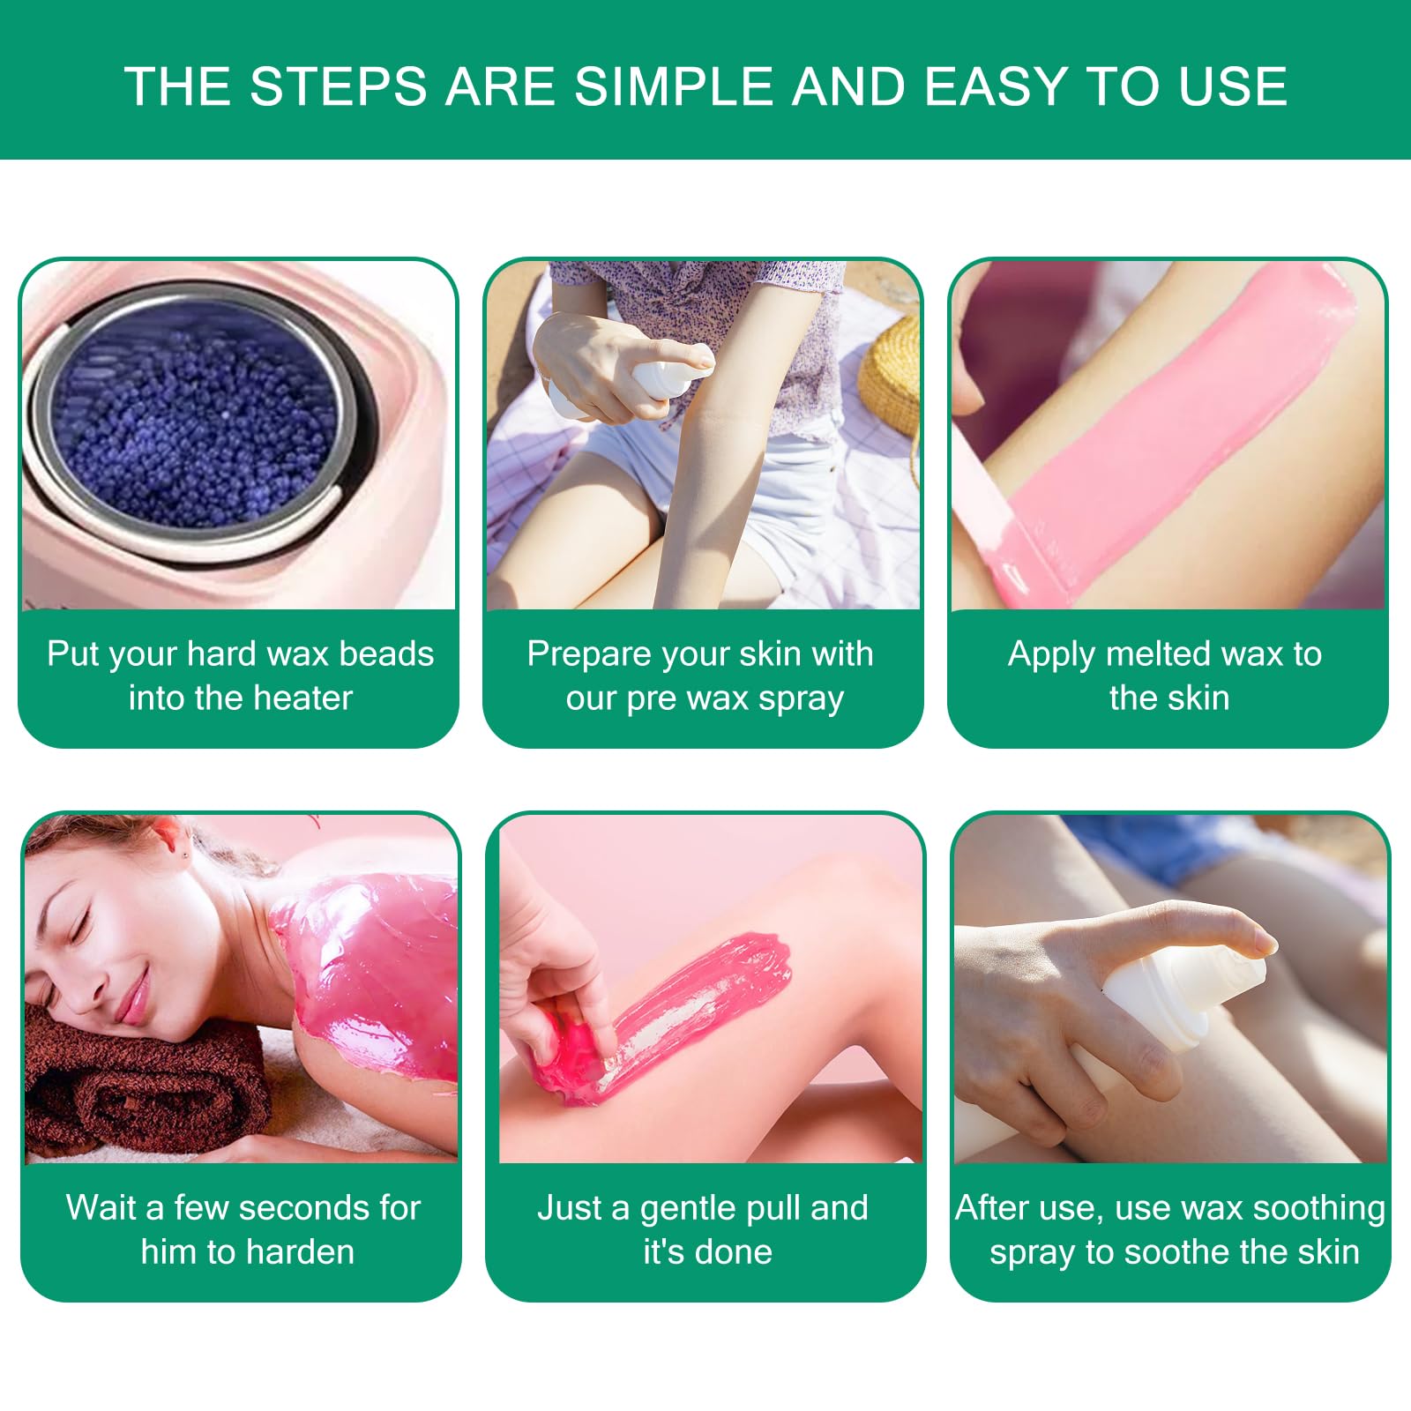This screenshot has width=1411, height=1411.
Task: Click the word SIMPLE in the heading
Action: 676,86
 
